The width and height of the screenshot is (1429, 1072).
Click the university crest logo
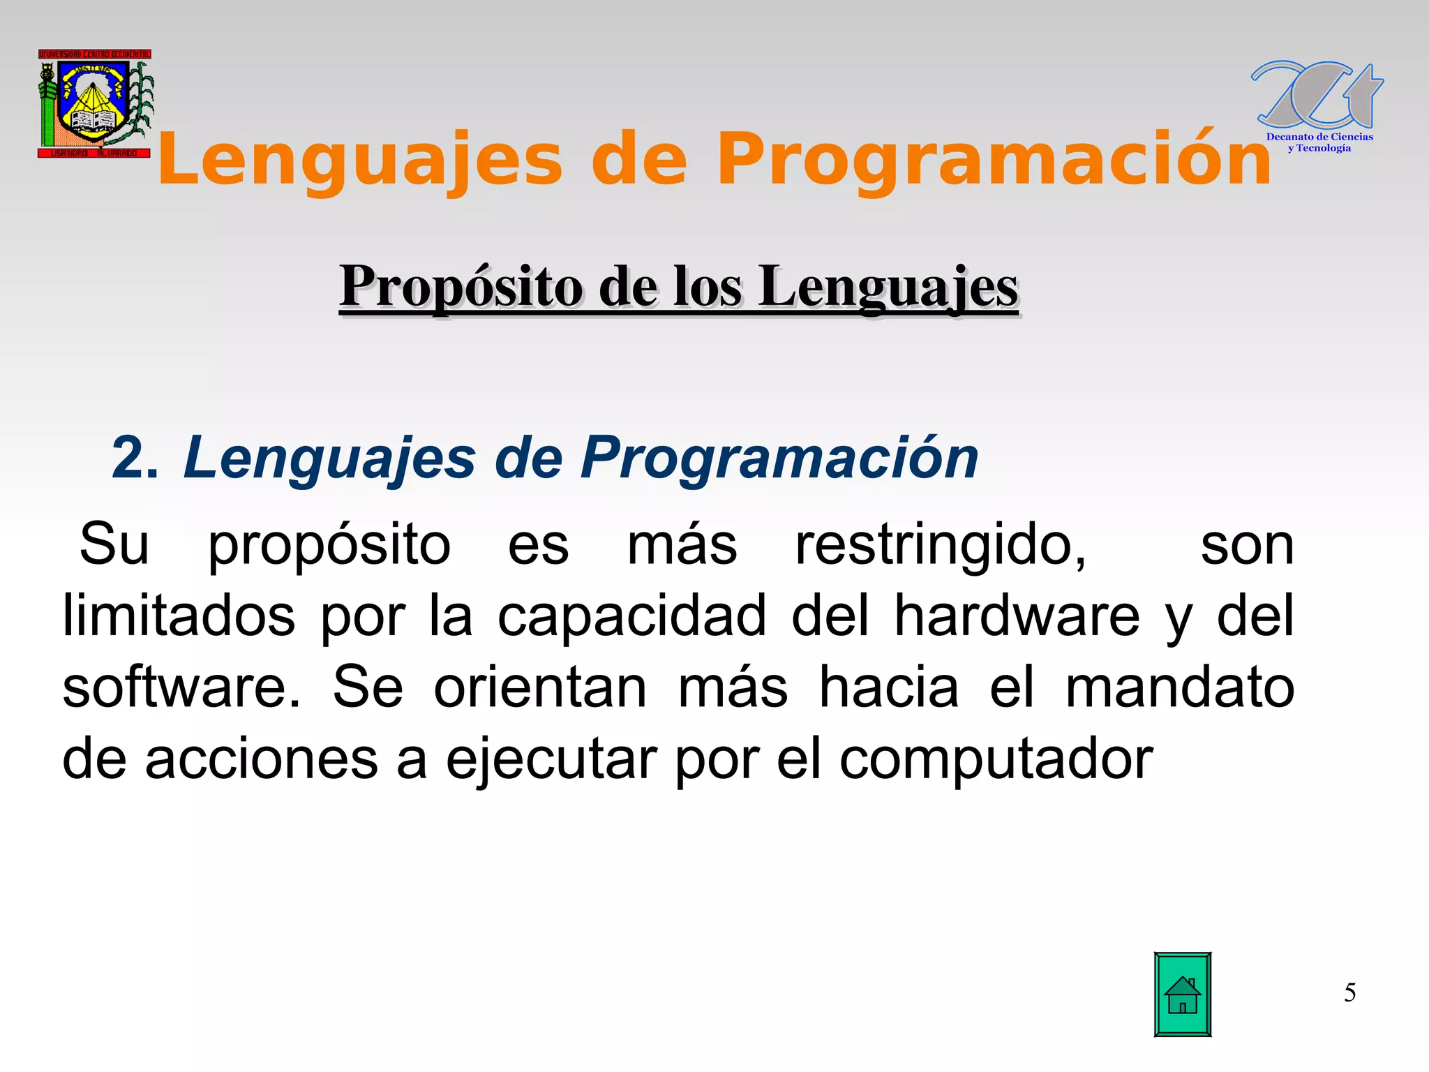point(95,103)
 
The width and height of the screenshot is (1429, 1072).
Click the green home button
point(1182,994)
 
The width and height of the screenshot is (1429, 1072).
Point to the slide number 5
point(1349,992)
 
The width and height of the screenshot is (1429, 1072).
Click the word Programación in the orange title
point(994,161)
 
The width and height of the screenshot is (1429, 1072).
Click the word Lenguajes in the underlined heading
point(888,288)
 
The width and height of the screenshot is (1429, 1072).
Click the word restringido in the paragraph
point(940,545)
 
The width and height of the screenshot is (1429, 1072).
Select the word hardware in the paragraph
point(1017,616)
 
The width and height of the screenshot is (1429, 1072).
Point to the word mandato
point(1179,687)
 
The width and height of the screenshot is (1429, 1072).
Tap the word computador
point(996,759)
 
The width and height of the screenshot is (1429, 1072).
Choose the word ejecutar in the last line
point(551,759)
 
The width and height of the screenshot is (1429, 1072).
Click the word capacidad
point(631,616)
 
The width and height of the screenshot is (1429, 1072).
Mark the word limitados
point(179,616)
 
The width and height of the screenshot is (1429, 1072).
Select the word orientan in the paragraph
point(540,687)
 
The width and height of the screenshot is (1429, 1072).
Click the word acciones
point(261,759)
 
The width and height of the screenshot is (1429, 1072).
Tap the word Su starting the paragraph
point(114,545)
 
